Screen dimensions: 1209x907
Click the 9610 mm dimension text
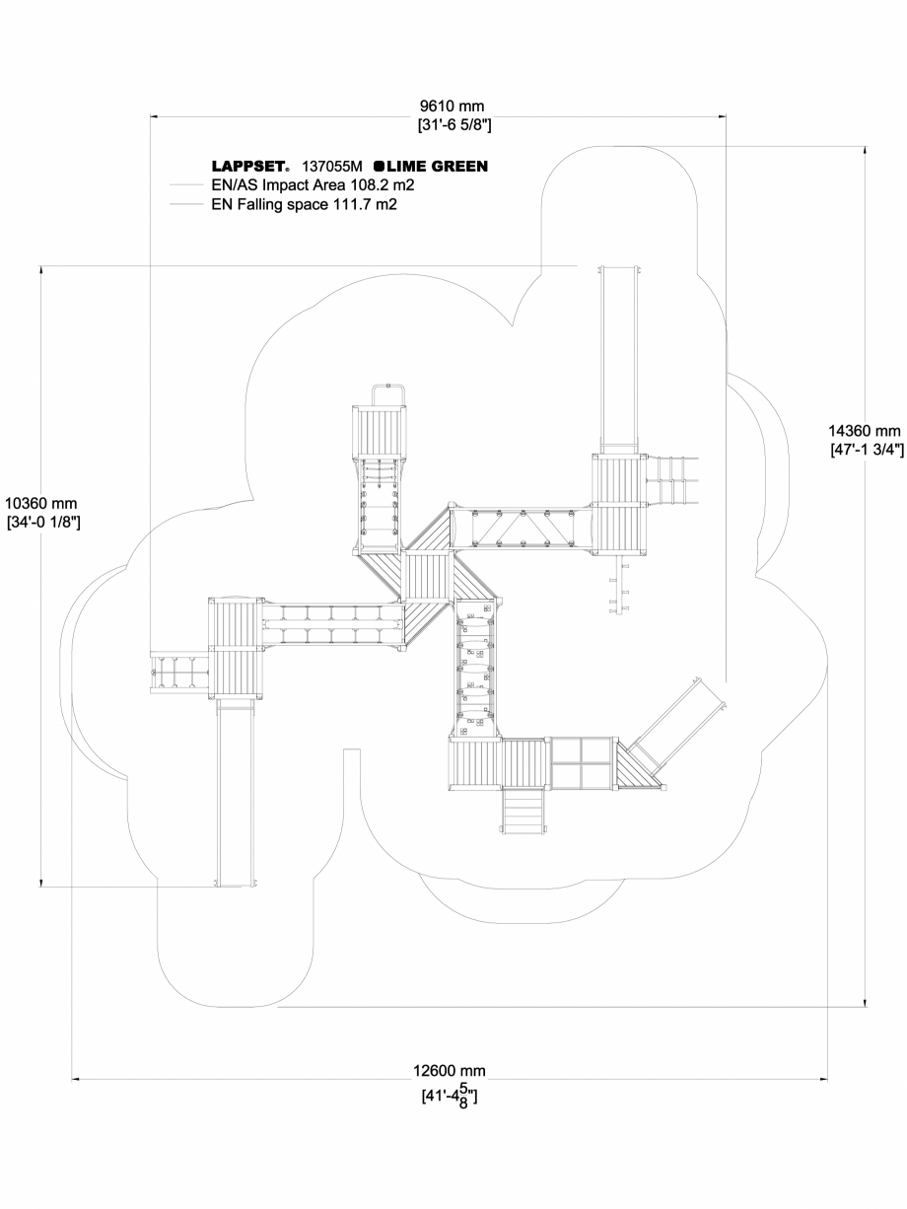tap(453, 107)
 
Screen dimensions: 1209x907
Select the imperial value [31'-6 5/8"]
tap(453, 125)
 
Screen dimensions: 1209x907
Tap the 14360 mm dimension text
tap(865, 431)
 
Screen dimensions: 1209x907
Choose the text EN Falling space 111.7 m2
tap(304, 204)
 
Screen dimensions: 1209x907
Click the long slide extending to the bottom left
tap(235, 789)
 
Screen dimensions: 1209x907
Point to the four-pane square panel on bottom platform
tap(581, 763)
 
